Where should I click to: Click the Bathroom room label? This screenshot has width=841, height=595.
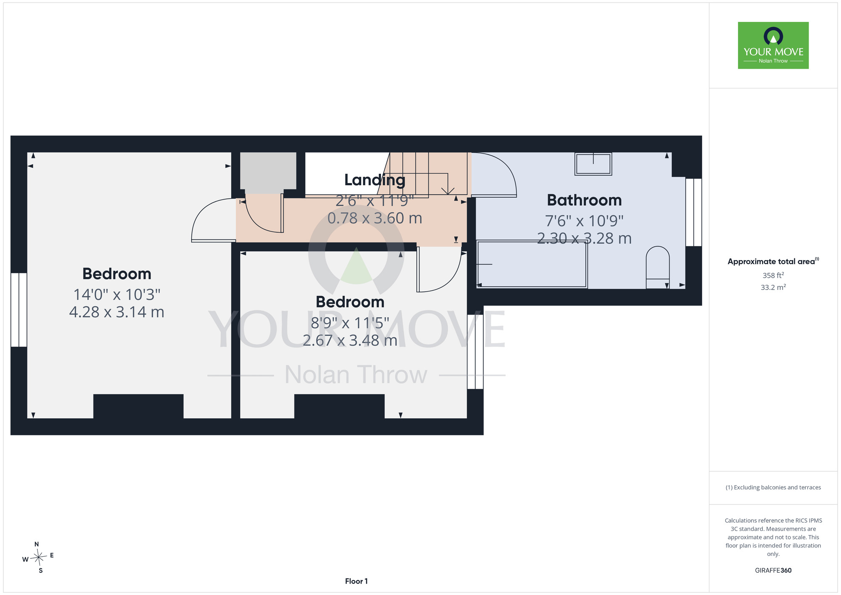(584, 200)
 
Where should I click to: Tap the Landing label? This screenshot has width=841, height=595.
(375, 180)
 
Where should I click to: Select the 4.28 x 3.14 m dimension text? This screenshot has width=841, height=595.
(116, 312)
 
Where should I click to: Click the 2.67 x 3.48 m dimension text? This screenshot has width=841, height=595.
(350, 340)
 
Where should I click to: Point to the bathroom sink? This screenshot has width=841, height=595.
(593, 164)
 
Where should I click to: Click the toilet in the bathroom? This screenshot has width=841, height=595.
(658, 267)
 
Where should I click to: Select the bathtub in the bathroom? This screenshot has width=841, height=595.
(532, 264)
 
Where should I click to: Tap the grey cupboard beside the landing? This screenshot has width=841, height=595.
(268, 171)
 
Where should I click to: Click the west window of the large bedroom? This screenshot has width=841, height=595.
(19, 310)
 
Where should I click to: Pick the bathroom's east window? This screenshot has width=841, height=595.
(694, 212)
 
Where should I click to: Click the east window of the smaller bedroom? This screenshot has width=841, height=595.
(476, 352)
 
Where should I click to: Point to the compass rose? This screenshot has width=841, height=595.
(38, 558)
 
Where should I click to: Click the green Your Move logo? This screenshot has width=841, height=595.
(773, 45)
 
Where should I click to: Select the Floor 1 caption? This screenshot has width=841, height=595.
(356, 581)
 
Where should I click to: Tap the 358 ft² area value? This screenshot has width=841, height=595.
(773, 275)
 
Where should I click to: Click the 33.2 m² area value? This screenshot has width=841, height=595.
(773, 287)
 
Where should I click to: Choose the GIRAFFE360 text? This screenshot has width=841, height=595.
(773, 571)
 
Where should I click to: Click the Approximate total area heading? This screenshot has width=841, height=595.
(773, 261)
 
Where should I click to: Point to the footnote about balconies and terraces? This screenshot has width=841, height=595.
(773, 487)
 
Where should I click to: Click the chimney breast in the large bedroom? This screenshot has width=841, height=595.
(138, 406)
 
